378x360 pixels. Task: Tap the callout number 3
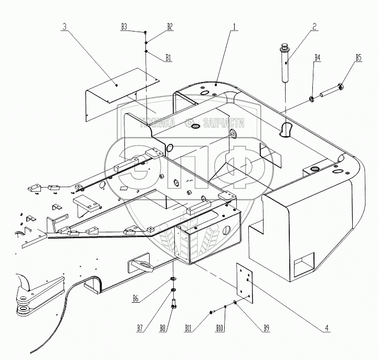pos(65,26)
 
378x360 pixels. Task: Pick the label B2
pos(170,26)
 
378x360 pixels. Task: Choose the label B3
pos(124,26)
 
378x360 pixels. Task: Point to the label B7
pos(140,328)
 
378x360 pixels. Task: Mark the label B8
pos(163,328)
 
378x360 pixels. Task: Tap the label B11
pos(188,328)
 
